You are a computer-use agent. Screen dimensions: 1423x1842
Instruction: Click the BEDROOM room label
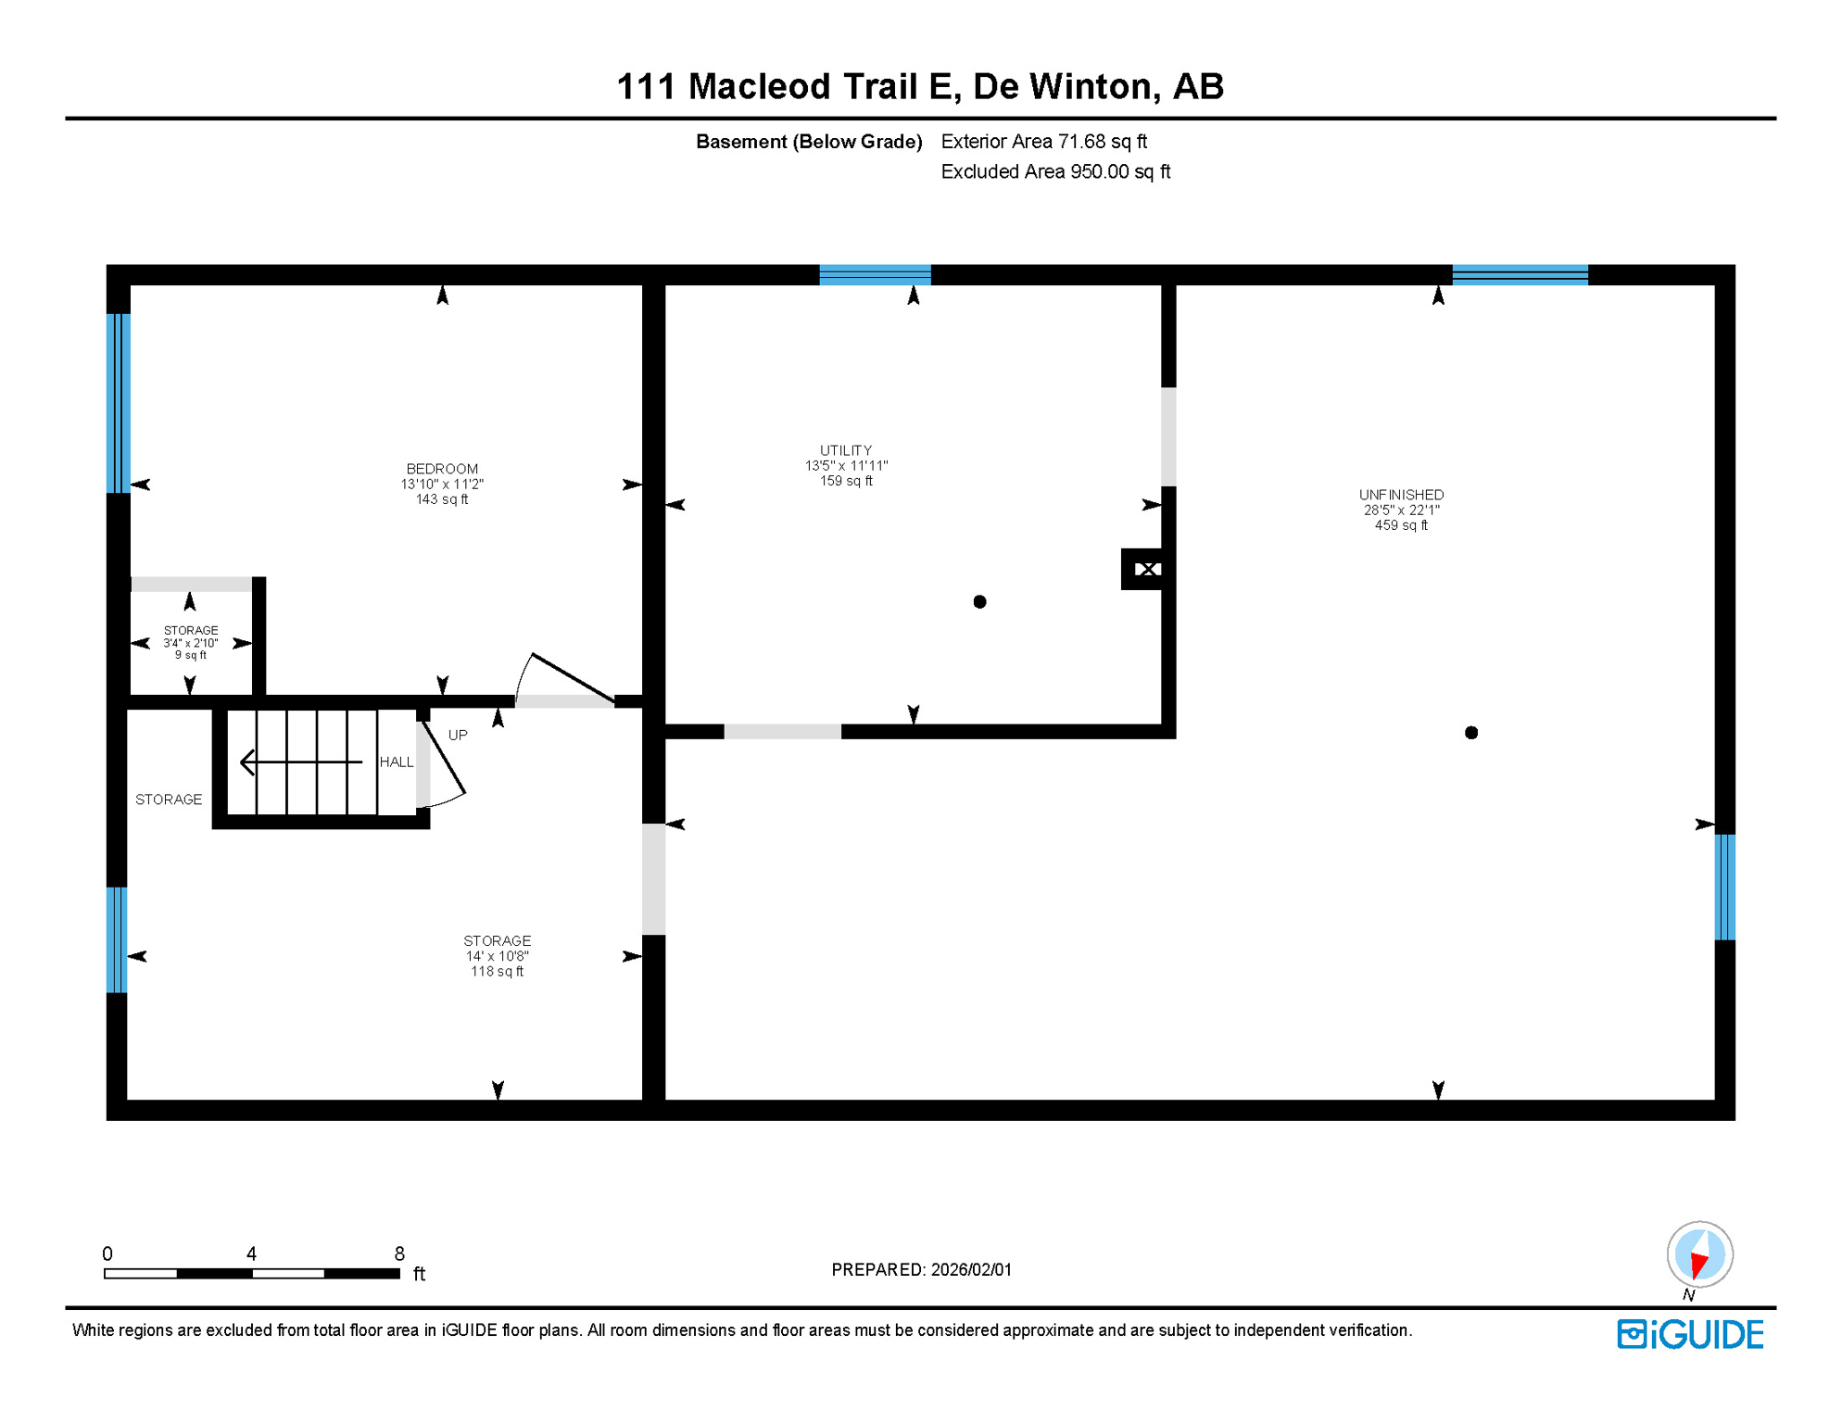click(x=442, y=469)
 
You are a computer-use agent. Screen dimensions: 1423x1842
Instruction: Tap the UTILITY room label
click(x=845, y=450)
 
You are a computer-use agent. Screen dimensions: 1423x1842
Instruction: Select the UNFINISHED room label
click(x=1401, y=495)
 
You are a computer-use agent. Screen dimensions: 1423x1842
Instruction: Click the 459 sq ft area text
click(x=1401, y=525)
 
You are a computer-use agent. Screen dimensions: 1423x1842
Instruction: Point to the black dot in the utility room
click(x=979, y=602)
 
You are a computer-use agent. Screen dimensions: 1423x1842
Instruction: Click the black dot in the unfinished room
click(x=1470, y=733)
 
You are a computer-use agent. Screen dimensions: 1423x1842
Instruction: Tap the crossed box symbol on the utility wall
click(x=1146, y=570)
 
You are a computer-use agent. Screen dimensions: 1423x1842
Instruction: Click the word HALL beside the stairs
click(x=397, y=762)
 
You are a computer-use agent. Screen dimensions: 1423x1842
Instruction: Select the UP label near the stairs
click(x=458, y=736)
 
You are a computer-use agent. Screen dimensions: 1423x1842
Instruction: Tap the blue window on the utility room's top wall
click(x=875, y=274)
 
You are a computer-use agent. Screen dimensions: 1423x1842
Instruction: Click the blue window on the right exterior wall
click(x=1724, y=888)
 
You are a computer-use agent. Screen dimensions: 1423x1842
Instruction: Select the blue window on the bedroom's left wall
click(x=119, y=403)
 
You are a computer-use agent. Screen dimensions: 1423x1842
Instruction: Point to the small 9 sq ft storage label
click(x=191, y=655)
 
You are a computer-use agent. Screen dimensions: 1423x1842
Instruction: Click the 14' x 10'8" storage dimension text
click(x=498, y=956)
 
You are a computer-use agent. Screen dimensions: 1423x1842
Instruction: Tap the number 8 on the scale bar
click(x=399, y=1253)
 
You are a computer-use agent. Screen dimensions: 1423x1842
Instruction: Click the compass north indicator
click(x=1699, y=1256)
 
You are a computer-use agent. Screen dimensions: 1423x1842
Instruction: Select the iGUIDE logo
click(x=1690, y=1335)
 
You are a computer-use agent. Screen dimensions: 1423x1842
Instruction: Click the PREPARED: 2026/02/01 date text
click(x=921, y=1270)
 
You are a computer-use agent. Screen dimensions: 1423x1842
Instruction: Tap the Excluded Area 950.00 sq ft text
click(x=1055, y=172)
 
